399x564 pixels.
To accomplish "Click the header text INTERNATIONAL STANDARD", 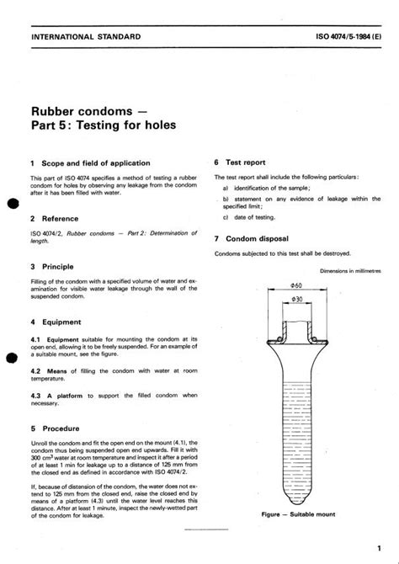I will click(x=85, y=38).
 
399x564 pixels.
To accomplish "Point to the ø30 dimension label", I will click(x=295, y=300).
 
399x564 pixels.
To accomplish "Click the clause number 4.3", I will click(x=36, y=395).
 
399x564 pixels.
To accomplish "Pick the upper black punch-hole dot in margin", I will click(x=12, y=204).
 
